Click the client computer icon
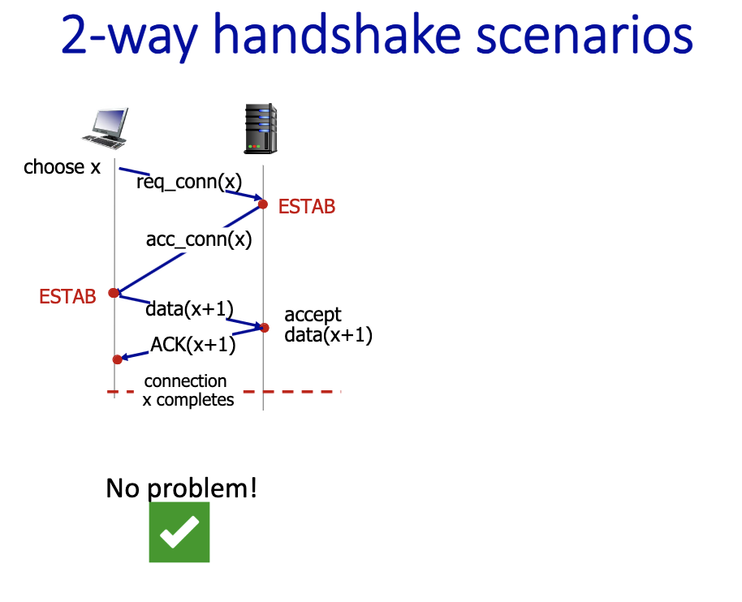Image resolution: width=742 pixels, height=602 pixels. point(105,128)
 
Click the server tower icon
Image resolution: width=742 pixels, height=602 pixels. point(261,129)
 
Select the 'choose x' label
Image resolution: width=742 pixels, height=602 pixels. point(62,167)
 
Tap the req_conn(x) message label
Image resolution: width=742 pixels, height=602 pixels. point(189,182)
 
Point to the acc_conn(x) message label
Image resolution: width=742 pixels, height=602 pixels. point(199,239)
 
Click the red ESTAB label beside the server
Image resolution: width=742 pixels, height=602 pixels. point(307,207)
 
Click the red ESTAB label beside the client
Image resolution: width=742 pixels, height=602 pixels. point(67,297)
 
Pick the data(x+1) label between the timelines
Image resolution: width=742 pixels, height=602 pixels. point(189,309)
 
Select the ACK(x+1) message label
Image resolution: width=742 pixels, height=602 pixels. point(193,345)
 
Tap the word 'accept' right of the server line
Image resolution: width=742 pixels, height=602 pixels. point(313,315)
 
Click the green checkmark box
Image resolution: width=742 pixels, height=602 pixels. point(179,532)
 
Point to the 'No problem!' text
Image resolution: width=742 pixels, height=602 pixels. point(182,488)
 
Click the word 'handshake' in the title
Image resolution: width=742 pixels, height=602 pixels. point(337,35)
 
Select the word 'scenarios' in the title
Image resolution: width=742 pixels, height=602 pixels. point(584,36)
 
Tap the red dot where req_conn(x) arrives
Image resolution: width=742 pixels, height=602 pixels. point(263,204)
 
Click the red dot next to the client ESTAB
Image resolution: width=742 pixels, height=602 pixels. point(114,293)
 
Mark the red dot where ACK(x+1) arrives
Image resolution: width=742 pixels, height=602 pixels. point(118,359)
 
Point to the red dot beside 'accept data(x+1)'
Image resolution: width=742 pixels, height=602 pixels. point(265,328)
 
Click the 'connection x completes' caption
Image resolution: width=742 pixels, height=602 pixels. point(188,390)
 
